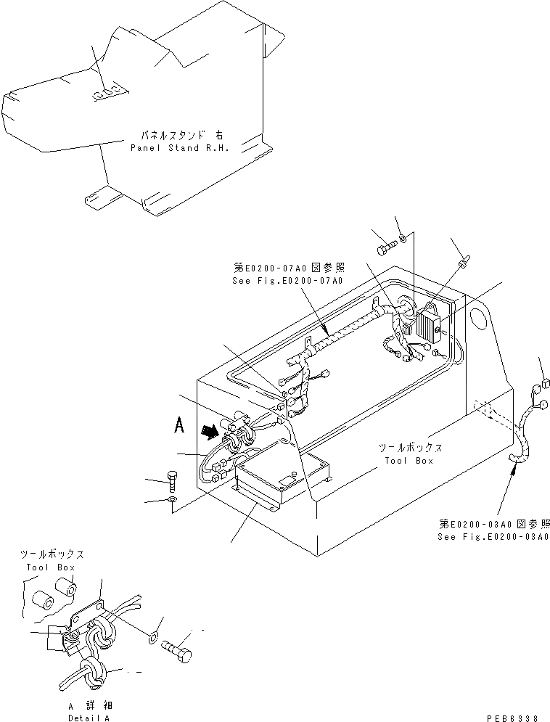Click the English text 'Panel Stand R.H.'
(x=179, y=147)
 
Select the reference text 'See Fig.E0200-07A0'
(x=282, y=280)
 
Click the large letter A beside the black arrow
(x=177, y=425)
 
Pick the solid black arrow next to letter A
(x=210, y=432)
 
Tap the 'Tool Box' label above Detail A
(x=50, y=567)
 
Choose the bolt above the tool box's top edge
(x=385, y=249)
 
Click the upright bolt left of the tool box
(x=171, y=480)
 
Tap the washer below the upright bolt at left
(x=171, y=501)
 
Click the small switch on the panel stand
(x=105, y=93)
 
